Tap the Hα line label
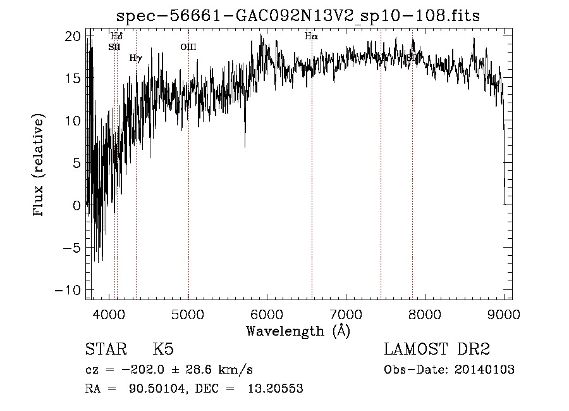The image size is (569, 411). pyautogui.click(x=311, y=37)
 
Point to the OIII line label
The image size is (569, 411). pyautogui.click(x=188, y=47)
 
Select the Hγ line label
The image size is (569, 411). pyautogui.click(x=135, y=58)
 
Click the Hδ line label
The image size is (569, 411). pyautogui.click(x=116, y=37)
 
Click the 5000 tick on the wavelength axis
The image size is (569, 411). pyautogui.click(x=188, y=313)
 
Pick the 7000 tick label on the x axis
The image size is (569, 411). pyautogui.click(x=346, y=313)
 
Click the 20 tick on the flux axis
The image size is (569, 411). pyautogui.click(x=74, y=37)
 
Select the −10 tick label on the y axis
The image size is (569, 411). pyautogui.click(x=70, y=290)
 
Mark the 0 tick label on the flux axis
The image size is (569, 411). pyautogui.click(x=77, y=206)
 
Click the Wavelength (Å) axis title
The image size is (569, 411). pyautogui.click(x=298, y=331)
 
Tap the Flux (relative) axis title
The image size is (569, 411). pyautogui.click(x=39, y=166)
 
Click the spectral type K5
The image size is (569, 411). pyautogui.click(x=163, y=350)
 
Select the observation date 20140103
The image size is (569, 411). pyautogui.click(x=484, y=370)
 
